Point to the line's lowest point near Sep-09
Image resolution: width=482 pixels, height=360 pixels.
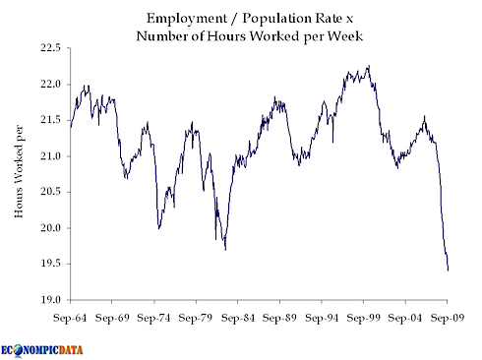449,270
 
